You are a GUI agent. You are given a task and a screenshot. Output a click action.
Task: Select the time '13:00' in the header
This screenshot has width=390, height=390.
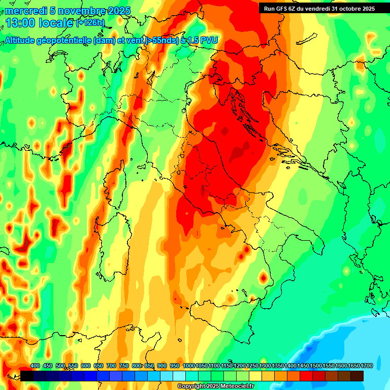click(19, 23)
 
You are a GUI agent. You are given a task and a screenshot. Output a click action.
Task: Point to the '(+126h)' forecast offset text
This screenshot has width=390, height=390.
click(90, 23)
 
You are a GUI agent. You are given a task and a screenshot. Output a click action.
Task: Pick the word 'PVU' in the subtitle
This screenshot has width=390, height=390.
click(209, 40)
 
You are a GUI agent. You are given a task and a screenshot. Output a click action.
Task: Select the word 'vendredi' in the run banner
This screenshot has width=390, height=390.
click(318, 8)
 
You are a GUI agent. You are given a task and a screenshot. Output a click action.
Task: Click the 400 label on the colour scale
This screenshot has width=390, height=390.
click(35, 366)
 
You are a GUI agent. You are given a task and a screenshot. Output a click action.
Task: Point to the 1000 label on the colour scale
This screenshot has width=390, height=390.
click(188, 366)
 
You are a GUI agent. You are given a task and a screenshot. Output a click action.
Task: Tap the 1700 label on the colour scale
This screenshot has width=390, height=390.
click(367, 366)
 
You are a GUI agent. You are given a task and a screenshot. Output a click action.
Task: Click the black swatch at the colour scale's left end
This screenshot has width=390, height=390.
click(27, 376)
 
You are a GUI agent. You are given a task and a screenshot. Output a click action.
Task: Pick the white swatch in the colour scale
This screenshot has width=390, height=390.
click(179, 376)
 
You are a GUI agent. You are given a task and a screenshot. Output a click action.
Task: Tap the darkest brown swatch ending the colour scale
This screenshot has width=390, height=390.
click(357, 376)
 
